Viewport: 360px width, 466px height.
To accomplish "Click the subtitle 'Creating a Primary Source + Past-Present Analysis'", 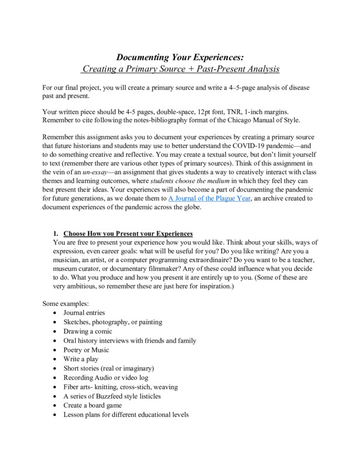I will [180, 69].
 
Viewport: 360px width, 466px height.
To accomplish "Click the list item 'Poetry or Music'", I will [86, 350].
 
